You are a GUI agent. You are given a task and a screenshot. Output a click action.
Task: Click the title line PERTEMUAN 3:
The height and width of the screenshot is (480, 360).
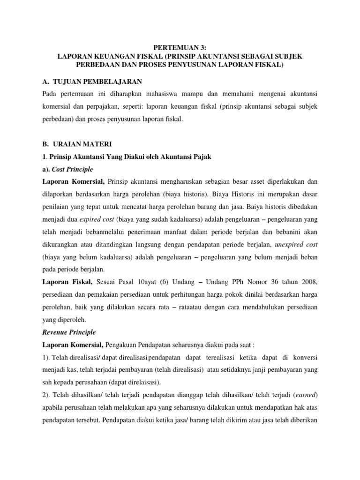tap(180, 47)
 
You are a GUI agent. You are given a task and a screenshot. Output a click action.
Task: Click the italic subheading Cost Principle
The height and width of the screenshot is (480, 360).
tap(74, 169)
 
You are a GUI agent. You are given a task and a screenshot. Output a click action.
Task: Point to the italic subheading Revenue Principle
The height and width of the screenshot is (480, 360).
tap(68, 332)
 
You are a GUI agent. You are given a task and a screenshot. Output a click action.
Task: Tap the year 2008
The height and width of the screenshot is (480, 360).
tap(308, 281)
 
